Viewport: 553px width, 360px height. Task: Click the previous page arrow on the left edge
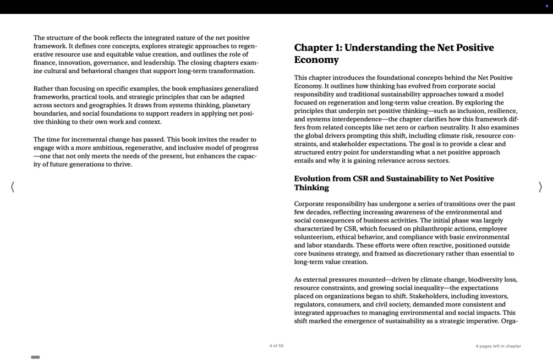point(13,187)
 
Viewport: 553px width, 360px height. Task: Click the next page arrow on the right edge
point(540,187)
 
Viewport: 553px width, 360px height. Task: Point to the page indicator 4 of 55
point(276,346)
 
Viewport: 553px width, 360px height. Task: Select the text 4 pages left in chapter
point(498,346)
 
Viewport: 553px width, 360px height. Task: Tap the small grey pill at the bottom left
point(35,357)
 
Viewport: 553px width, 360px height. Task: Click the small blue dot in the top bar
point(546,6)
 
